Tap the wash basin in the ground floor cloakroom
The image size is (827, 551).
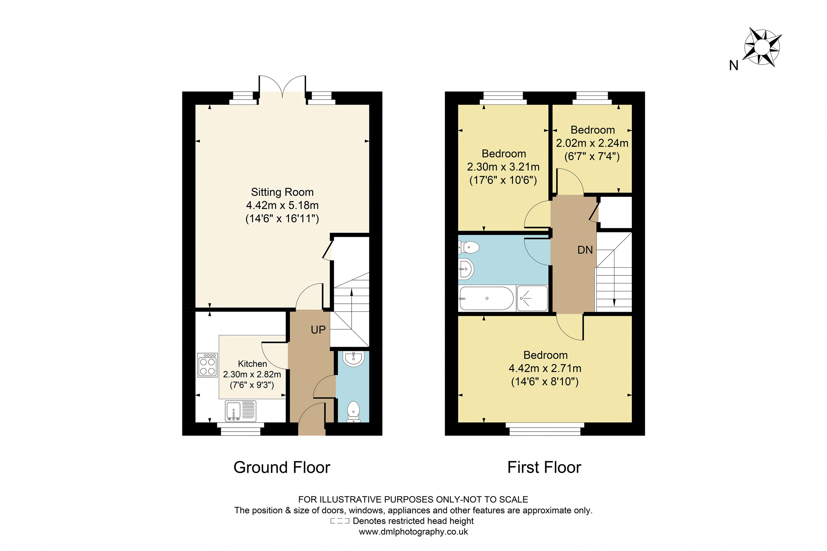353,358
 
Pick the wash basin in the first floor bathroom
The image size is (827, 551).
466,269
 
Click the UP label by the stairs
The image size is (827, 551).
318,330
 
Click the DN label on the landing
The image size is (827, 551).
585,250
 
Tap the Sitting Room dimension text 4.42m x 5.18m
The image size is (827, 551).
282,205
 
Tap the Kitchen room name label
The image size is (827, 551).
252,363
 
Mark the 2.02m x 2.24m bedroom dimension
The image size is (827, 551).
592,143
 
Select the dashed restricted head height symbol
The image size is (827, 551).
340,521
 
